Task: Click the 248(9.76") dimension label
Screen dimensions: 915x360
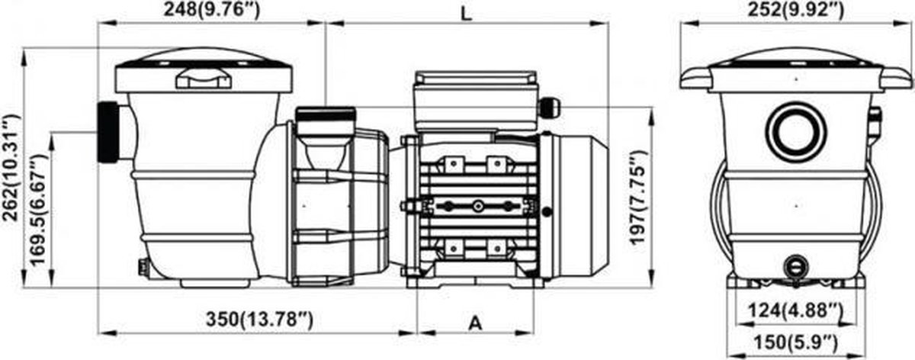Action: [x=212, y=10]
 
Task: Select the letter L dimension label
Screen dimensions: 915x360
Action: [x=466, y=14]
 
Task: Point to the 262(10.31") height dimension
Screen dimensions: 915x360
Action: [x=11, y=168]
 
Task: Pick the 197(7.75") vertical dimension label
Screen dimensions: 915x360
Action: [x=638, y=198]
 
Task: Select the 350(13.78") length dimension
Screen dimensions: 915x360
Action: [x=259, y=319]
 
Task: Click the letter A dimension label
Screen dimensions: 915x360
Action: [x=475, y=323]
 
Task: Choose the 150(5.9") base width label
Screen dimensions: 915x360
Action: [x=795, y=342]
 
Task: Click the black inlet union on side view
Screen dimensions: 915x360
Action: [x=108, y=133]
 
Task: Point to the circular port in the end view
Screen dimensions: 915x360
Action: [x=796, y=132]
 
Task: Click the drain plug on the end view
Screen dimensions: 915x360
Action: [x=795, y=267]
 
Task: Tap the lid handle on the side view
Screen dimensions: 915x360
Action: [x=204, y=79]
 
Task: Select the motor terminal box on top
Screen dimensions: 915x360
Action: [x=476, y=101]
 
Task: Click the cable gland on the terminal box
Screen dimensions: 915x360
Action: [x=550, y=107]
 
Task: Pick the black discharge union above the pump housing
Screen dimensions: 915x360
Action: [x=325, y=113]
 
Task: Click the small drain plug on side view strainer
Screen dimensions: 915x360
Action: [x=143, y=266]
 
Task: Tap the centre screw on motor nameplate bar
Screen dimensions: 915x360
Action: [x=477, y=207]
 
